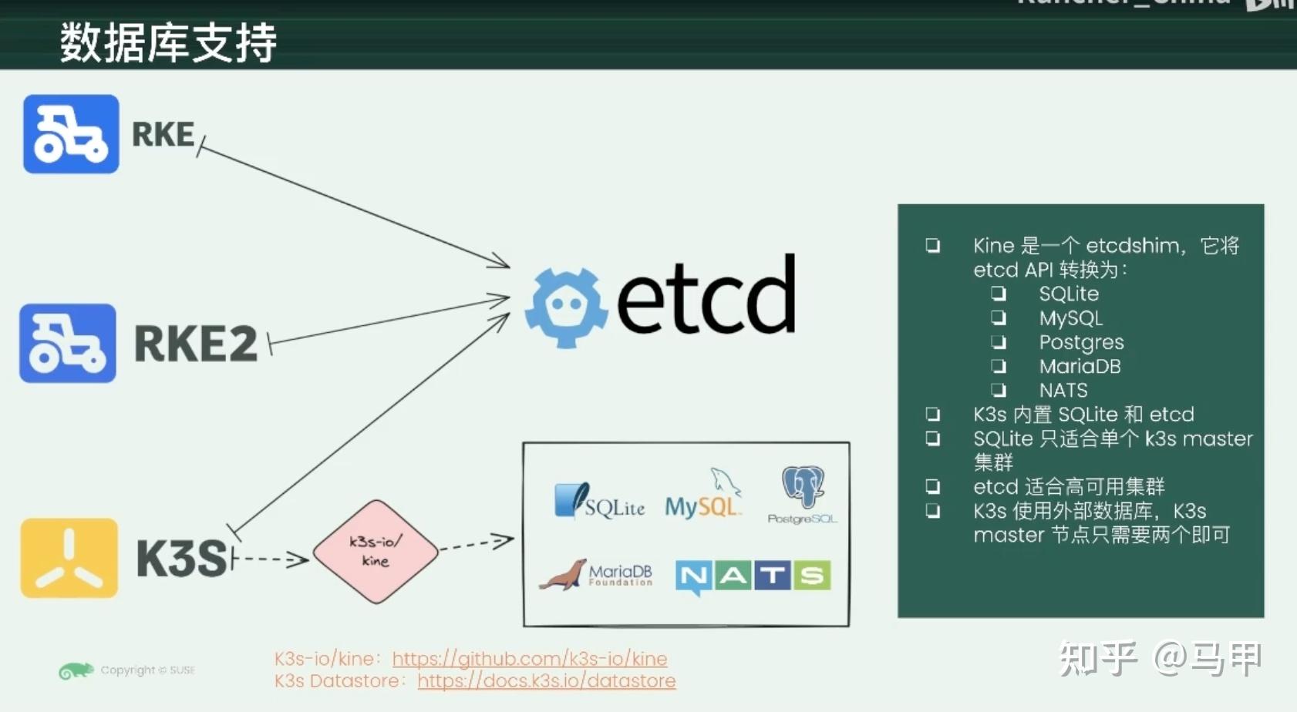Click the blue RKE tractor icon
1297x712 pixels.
pyautogui.click(x=71, y=134)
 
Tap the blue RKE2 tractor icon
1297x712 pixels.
pyautogui.click(x=68, y=344)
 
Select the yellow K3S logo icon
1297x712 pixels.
pyautogui.click(x=69, y=558)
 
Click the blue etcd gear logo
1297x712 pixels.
pyautogui.click(x=566, y=307)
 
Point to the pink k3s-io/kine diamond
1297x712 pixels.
pyautogui.click(x=376, y=551)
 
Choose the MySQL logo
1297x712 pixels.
pyautogui.click(x=702, y=497)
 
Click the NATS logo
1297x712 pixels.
pyautogui.click(x=753, y=576)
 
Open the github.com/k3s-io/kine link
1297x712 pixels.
pyautogui.click(x=530, y=659)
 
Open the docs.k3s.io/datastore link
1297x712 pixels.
pyautogui.click(x=547, y=681)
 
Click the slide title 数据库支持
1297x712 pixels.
pyautogui.click(x=168, y=42)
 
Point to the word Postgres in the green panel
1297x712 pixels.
pyautogui.click(x=1081, y=342)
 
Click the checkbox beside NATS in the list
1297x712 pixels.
pyautogui.click(x=999, y=390)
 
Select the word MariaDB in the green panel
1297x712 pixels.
pyautogui.click(x=1080, y=366)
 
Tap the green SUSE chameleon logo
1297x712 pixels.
pyautogui.click(x=76, y=671)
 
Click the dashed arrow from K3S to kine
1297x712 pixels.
pyautogui.click(x=270, y=559)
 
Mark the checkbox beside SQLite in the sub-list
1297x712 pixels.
pyautogui.click(x=999, y=294)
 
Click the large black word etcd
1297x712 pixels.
pyautogui.click(x=706, y=297)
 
